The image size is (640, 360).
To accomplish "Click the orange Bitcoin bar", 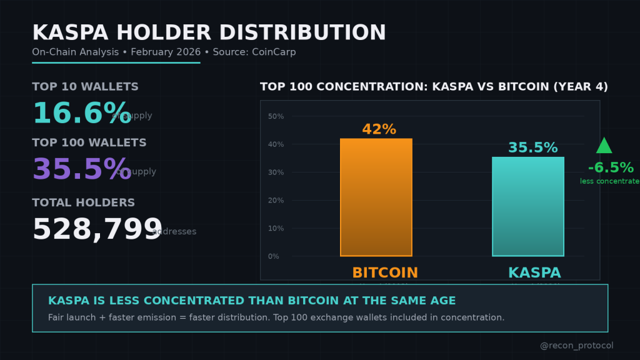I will pyautogui.click(x=376, y=197).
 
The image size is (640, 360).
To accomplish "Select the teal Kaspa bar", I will pyautogui.click(x=528, y=206).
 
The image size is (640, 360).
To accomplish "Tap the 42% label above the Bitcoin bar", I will pyautogui.click(x=379, y=129).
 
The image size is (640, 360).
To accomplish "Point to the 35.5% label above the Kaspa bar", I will pyautogui.click(x=532, y=148).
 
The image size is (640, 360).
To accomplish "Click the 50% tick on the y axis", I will pyautogui.click(x=276, y=116).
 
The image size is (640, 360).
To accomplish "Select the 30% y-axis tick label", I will pyautogui.click(x=276, y=172).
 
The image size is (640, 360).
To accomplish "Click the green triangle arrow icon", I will pyautogui.click(x=604, y=146).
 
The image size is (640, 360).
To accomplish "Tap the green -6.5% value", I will pyautogui.click(x=611, y=168).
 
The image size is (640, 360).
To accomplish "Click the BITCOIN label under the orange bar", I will pyautogui.click(x=385, y=273).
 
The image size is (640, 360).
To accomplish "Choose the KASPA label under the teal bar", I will pyautogui.click(x=534, y=273).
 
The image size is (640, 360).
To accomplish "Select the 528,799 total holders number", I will pyautogui.click(x=97, y=229).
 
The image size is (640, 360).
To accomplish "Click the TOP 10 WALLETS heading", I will pyautogui.click(x=86, y=87).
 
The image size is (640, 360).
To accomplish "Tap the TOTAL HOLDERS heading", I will pyautogui.click(x=84, y=202).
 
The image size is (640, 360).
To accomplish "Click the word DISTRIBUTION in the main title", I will pyautogui.click(x=298, y=32).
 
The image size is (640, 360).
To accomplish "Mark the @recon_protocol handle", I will pyautogui.click(x=576, y=346).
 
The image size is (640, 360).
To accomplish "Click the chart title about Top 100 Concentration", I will pyautogui.click(x=434, y=87).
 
